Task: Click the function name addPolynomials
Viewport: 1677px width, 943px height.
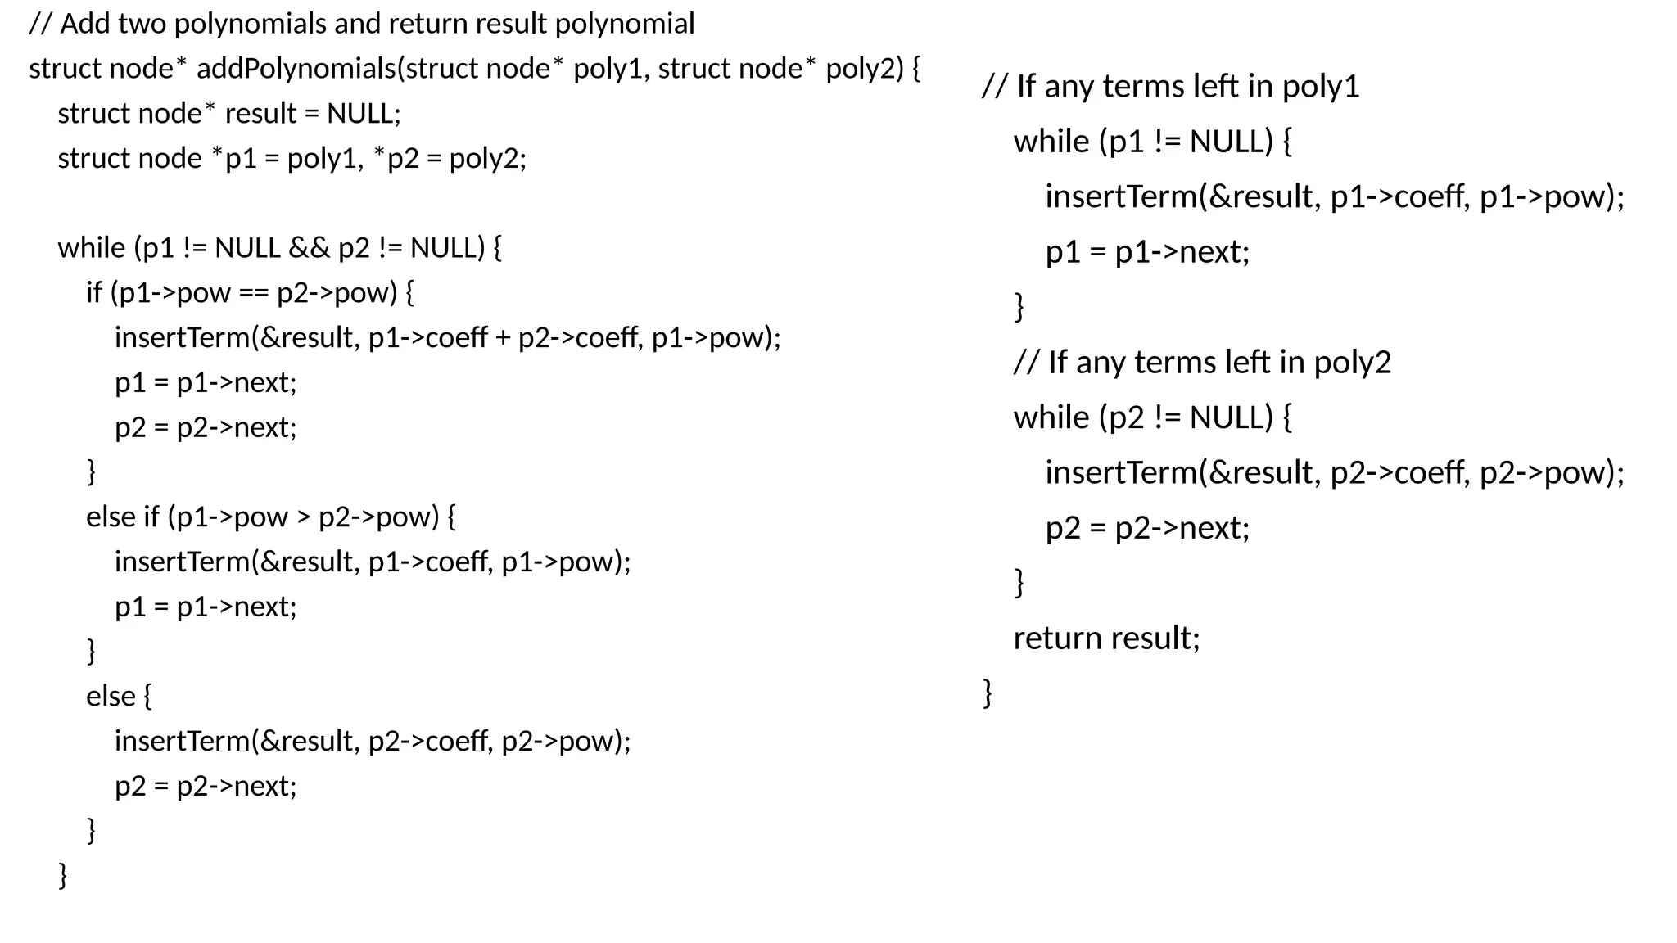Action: (x=296, y=69)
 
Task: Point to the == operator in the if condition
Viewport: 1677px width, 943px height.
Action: (x=253, y=293)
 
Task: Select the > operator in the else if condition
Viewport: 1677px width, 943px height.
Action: (x=303, y=517)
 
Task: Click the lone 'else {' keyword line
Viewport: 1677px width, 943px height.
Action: (x=119, y=696)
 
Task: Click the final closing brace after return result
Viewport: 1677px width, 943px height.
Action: (x=988, y=693)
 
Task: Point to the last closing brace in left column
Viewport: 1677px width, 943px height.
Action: (x=63, y=875)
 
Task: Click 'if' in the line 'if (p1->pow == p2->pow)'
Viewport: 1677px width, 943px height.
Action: (x=94, y=293)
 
